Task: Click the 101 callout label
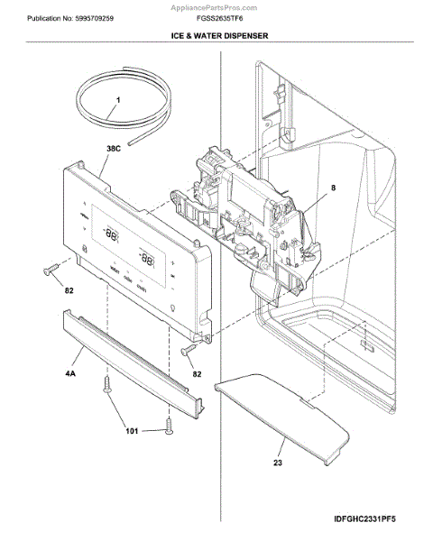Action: [x=131, y=431]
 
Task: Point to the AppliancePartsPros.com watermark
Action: [x=216, y=5]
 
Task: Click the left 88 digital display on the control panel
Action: [x=111, y=233]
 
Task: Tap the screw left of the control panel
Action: [x=50, y=268]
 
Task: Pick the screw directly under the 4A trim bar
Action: [x=109, y=386]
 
